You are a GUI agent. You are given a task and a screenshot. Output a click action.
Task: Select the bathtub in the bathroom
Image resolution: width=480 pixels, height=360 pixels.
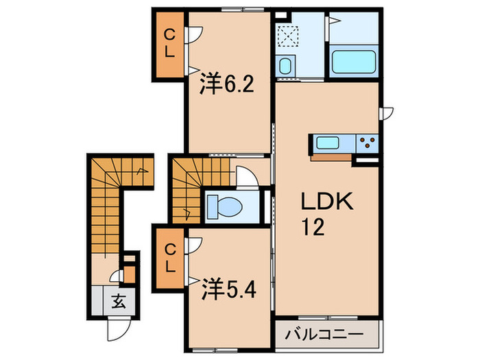(355, 63)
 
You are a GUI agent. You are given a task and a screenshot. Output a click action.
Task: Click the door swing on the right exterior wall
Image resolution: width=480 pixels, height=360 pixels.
(387, 114)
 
